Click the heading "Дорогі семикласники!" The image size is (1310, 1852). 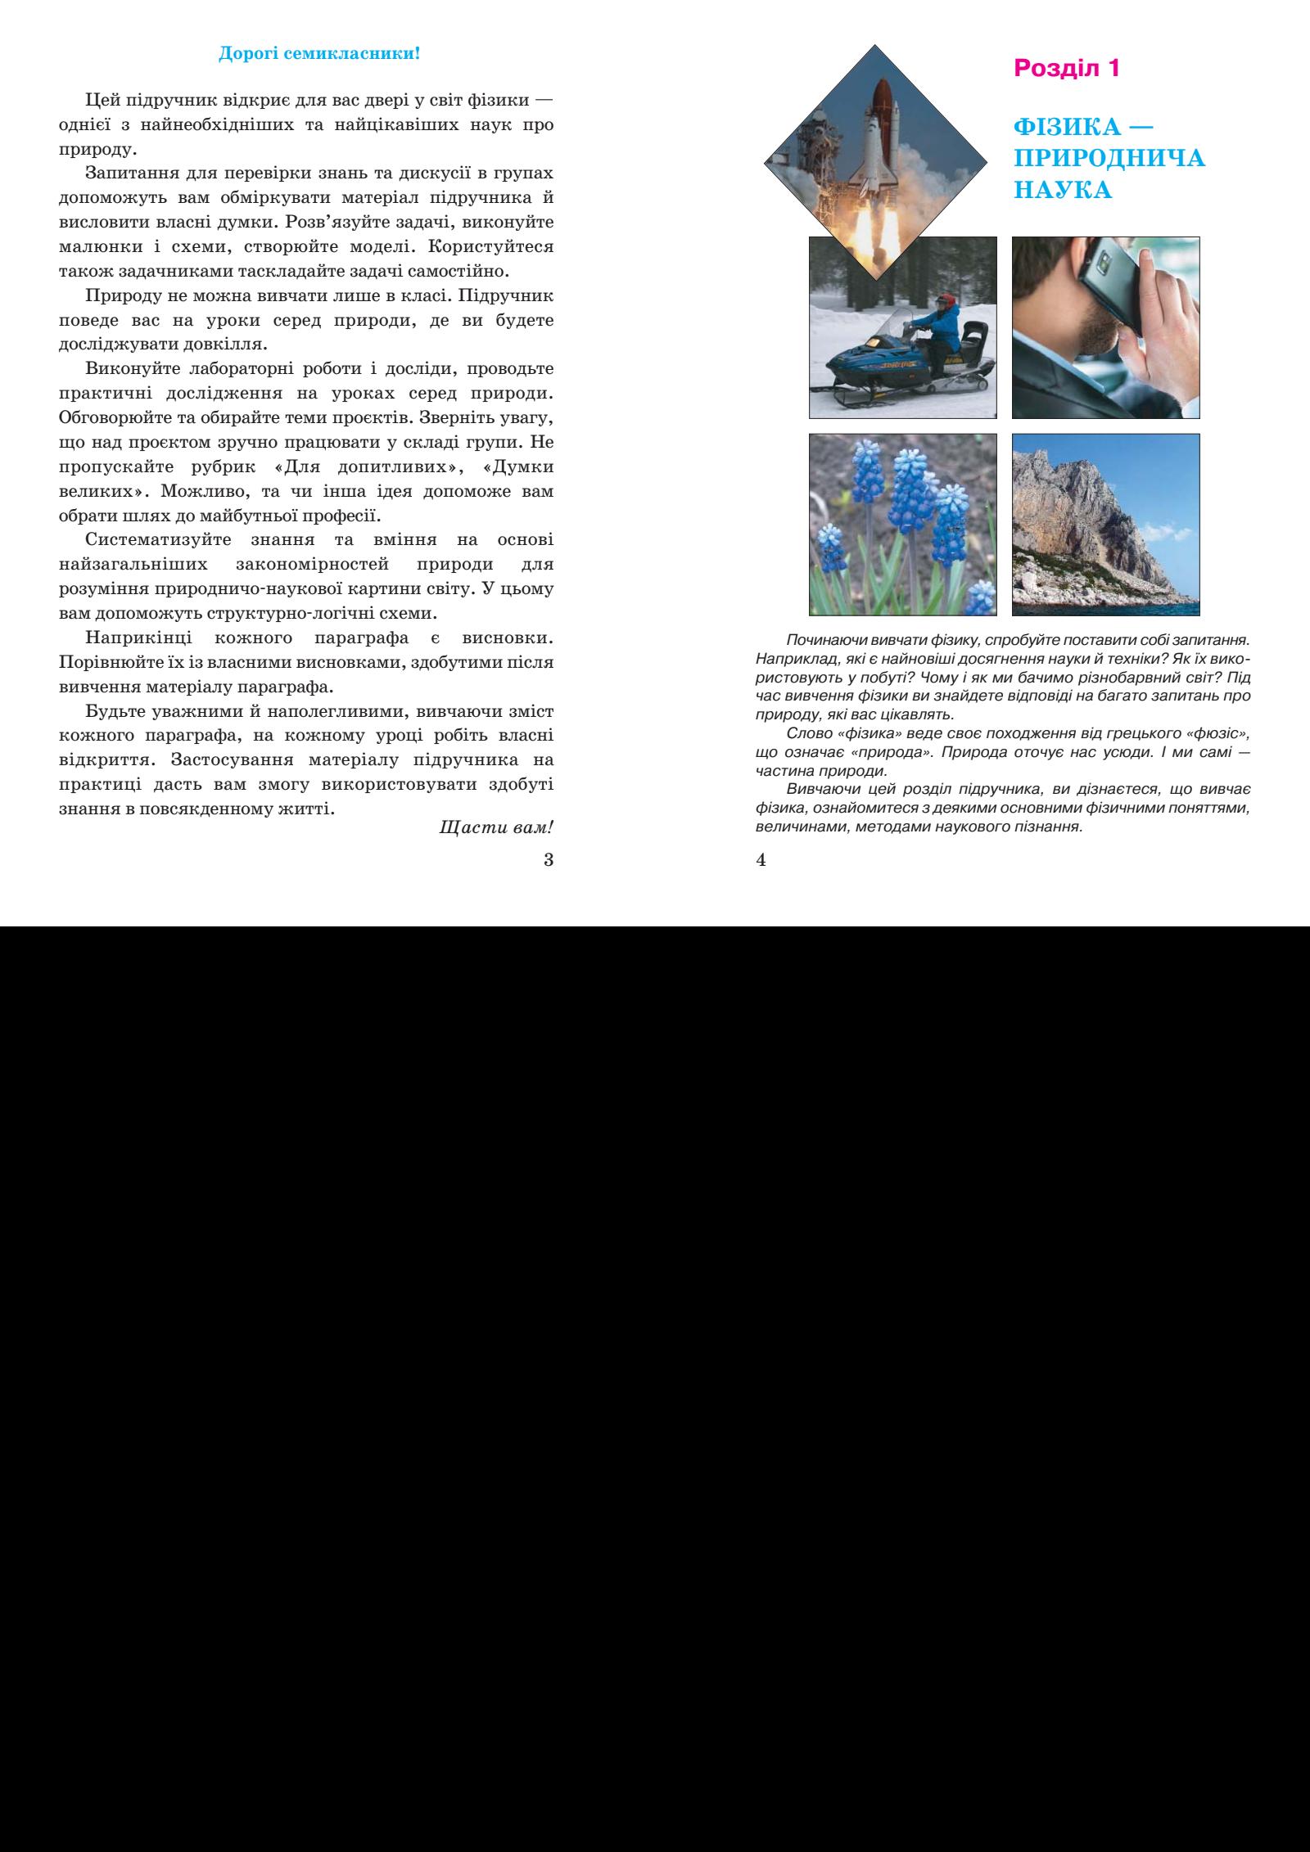click(319, 55)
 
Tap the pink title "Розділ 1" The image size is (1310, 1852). click(1066, 68)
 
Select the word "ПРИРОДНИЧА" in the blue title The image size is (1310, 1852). click(1109, 158)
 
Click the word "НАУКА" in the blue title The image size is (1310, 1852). click(1062, 190)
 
